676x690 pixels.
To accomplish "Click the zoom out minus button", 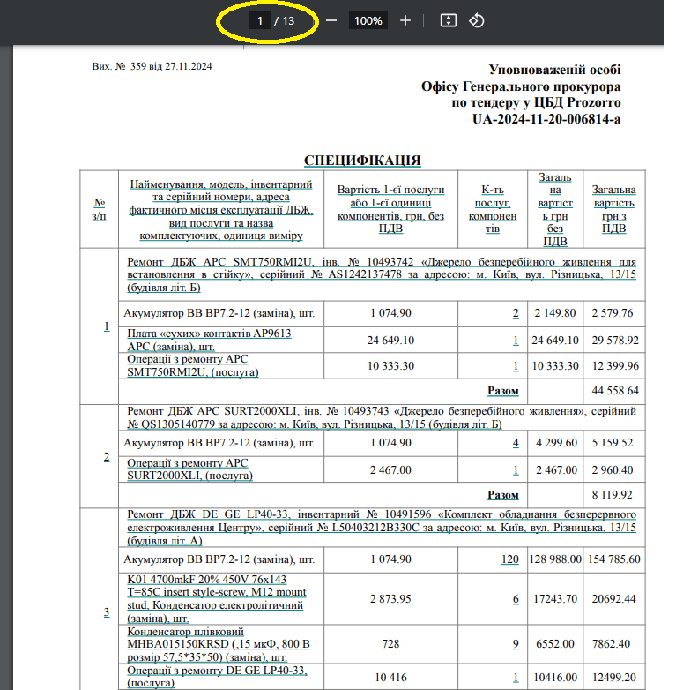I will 331,20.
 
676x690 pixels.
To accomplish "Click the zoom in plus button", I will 405,20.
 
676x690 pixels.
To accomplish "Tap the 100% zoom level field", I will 368,20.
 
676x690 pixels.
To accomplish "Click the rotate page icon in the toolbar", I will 477,20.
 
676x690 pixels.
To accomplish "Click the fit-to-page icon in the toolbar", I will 448,20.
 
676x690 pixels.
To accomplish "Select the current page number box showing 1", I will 260,20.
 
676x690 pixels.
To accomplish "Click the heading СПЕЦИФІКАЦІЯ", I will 362,161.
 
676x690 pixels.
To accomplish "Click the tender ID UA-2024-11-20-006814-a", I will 546,118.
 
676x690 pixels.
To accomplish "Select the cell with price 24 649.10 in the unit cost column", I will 390,341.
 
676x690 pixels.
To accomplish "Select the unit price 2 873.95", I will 390,599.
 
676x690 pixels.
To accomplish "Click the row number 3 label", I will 107,612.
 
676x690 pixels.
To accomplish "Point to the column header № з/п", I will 100,210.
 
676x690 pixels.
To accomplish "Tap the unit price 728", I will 390,644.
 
